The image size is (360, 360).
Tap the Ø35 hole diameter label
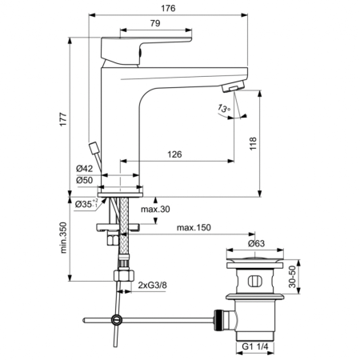tap(86, 206)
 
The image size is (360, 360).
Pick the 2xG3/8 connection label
tap(153, 285)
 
